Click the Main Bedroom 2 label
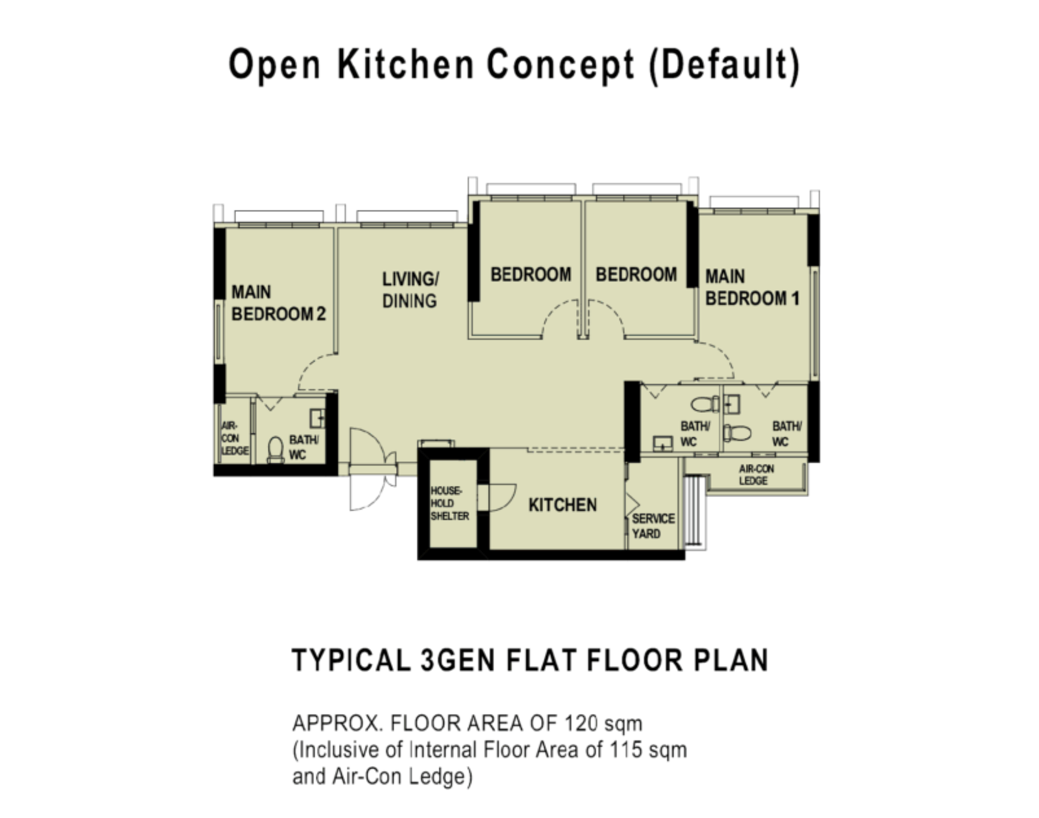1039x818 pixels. pyautogui.click(x=279, y=303)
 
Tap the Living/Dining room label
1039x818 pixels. pyautogui.click(x=410, y=290)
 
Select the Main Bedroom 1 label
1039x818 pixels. pyautogui.click(x=752, y=287)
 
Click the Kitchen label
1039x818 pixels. pyautogui.click(x=563, y=505)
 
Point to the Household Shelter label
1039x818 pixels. pyautogui.click(x=449, y=503)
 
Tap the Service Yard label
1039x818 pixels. pyautogui.click(x=654, y=526)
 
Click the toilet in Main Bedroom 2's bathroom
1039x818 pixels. pyautogui.click(x=276, y=450)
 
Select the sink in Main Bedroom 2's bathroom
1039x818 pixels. pyautogui.click(x=317, y=418)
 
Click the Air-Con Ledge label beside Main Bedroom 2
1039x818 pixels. pyautogui.click(x=235, y=438)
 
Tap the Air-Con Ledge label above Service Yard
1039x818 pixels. pyautogui.click(x=756, y=475)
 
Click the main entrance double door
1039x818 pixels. pyautogui.click(x=372, y=469)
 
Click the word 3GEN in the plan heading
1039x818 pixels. pyautogui.click(x=458, y=660)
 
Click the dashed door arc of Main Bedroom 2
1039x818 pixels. pyautogui.click(x=316, y=372)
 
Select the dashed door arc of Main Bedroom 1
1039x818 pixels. pyautogui.click(x=717, y=360)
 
